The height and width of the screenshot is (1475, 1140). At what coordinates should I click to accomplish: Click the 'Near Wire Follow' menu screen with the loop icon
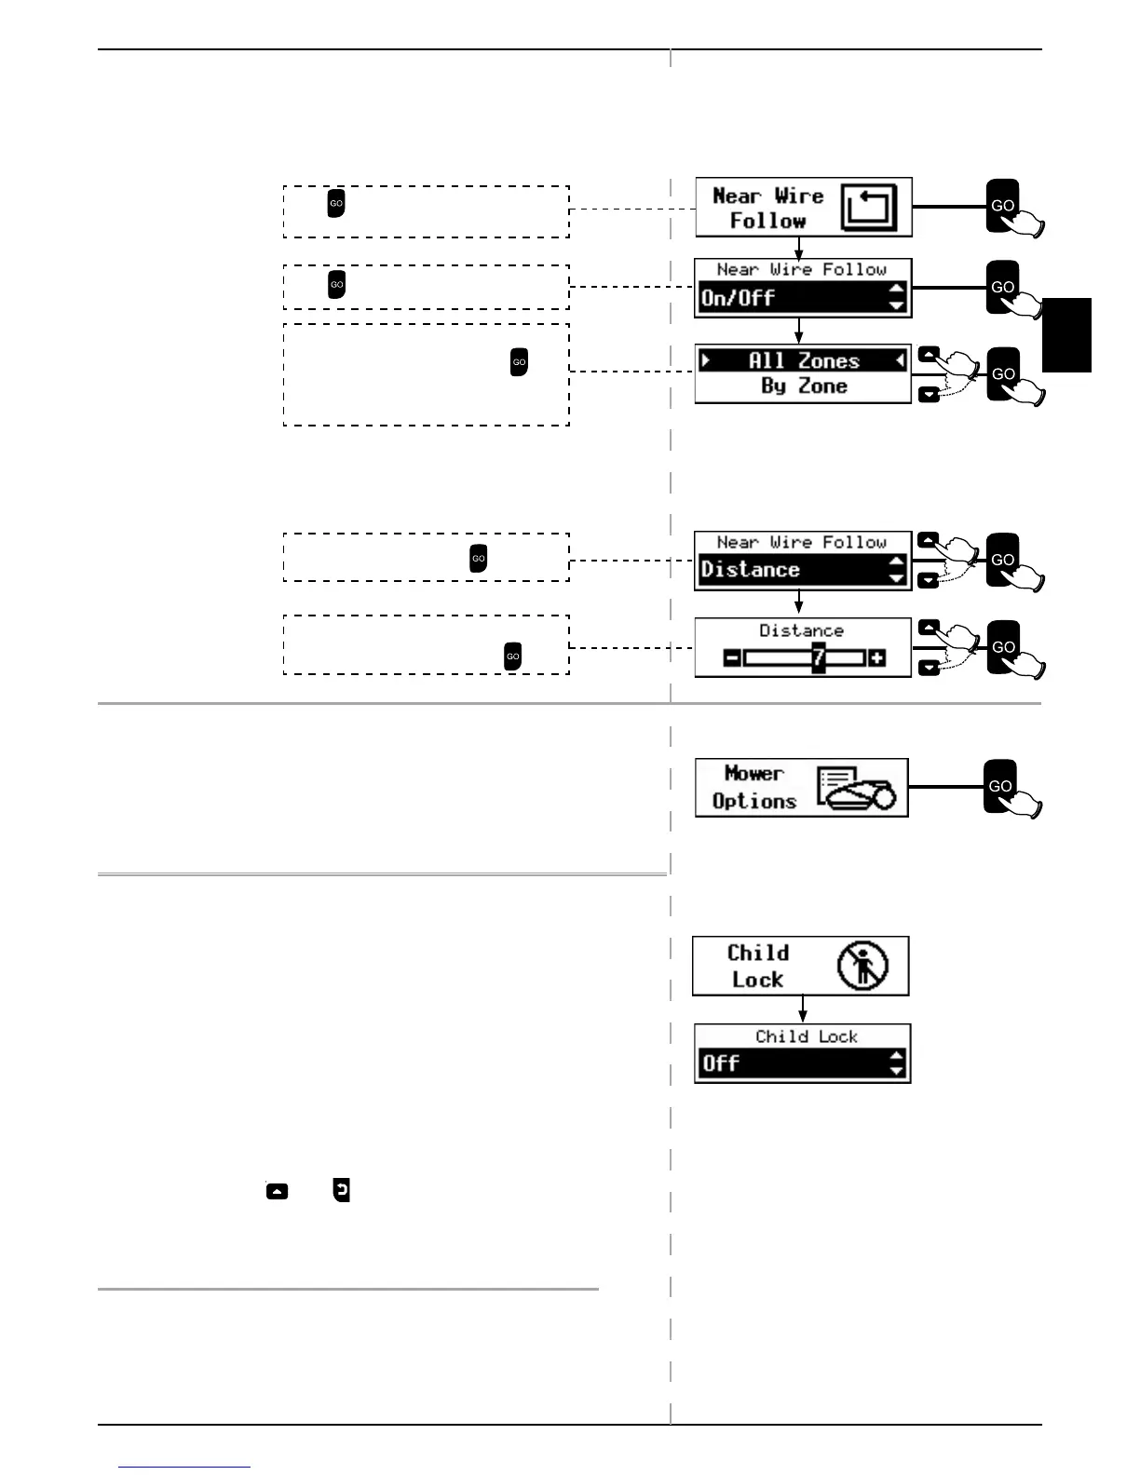[803, 207]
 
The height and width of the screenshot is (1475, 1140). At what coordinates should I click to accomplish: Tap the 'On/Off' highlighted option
[738, 298]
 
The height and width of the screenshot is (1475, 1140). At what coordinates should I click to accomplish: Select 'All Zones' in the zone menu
[803, 360]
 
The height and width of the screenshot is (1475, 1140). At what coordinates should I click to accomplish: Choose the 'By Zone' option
[803, 386]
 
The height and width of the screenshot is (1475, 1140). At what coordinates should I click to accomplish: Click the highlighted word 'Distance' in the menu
[750, 570]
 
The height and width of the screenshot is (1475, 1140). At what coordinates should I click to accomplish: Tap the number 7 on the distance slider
[818, 658]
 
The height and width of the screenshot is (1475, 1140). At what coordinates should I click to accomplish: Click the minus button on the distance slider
[732, 658]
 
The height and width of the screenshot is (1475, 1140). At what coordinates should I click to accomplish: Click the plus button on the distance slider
[876, 658]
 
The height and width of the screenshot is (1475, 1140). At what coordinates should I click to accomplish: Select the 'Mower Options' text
[754, 787]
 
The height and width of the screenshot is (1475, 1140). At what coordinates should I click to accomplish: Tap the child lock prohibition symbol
[862, 965]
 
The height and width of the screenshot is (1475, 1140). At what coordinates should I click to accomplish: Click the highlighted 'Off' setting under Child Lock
[722, 1063]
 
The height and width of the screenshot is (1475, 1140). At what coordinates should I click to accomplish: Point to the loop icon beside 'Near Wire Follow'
[868, 207]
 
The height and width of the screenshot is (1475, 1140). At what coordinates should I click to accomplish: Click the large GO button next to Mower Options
[1000, 786]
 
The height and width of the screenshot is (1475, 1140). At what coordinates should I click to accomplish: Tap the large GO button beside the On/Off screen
[1002, 287]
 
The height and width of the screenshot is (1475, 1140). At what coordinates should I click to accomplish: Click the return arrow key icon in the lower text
[342, 1190]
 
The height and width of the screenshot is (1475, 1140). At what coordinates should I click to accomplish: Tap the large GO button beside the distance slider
[1003, 646]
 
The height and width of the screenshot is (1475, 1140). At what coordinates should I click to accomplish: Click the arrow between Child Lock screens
[802, 1009]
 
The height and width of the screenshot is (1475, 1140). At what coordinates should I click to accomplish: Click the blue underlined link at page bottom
[184, 1468]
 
